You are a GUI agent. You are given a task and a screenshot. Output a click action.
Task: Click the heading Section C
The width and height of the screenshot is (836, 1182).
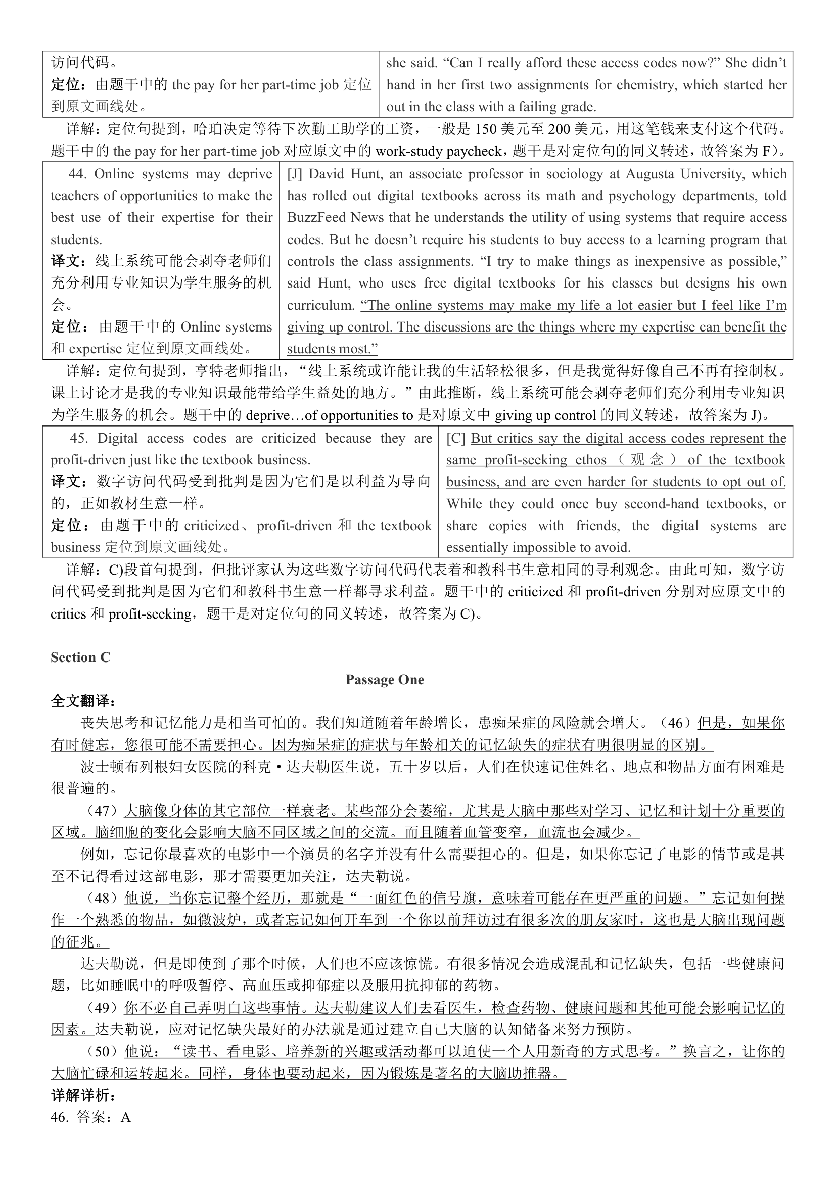click(x=80, y=657)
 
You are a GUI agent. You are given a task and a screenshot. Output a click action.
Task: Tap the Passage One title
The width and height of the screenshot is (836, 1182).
click(x=385, y=680)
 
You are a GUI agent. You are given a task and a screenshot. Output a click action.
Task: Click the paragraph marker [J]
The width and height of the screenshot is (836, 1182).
click(x=295, y=174)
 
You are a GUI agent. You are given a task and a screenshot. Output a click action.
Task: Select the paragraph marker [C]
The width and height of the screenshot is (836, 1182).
click(x=455, y=438)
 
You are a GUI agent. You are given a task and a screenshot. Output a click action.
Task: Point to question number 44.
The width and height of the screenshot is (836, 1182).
click(x=77, y=174)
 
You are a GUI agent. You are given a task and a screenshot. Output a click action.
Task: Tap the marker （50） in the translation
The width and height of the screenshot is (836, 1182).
click(x=103, y=1051)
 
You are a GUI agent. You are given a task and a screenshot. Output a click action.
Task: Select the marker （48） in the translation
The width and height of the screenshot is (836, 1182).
click(x=103, y=899)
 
